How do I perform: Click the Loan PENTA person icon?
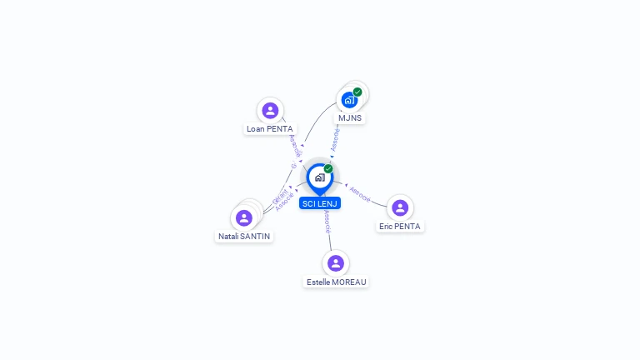pos(269,110)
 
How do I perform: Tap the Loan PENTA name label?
pos(269,129)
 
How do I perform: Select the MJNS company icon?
pos(349,100)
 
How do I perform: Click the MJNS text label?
pos(350,118)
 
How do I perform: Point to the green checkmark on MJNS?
pos(357,92)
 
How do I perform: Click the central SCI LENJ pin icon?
pos(319,177)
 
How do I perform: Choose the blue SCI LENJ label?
pos(320,203)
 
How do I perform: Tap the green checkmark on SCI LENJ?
pos(328,168)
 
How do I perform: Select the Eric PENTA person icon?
pos(400,207)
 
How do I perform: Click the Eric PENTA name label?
pos(400,227)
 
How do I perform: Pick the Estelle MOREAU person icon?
pos(336,263)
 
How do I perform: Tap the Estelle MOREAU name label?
pos(336,282)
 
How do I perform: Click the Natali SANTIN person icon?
pos(244,217)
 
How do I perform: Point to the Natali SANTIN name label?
pos(245,237)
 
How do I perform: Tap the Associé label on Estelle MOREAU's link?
pos(327,221)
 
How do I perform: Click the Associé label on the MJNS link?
pos(335,138)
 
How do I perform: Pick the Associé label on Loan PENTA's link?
pos(294,146)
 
